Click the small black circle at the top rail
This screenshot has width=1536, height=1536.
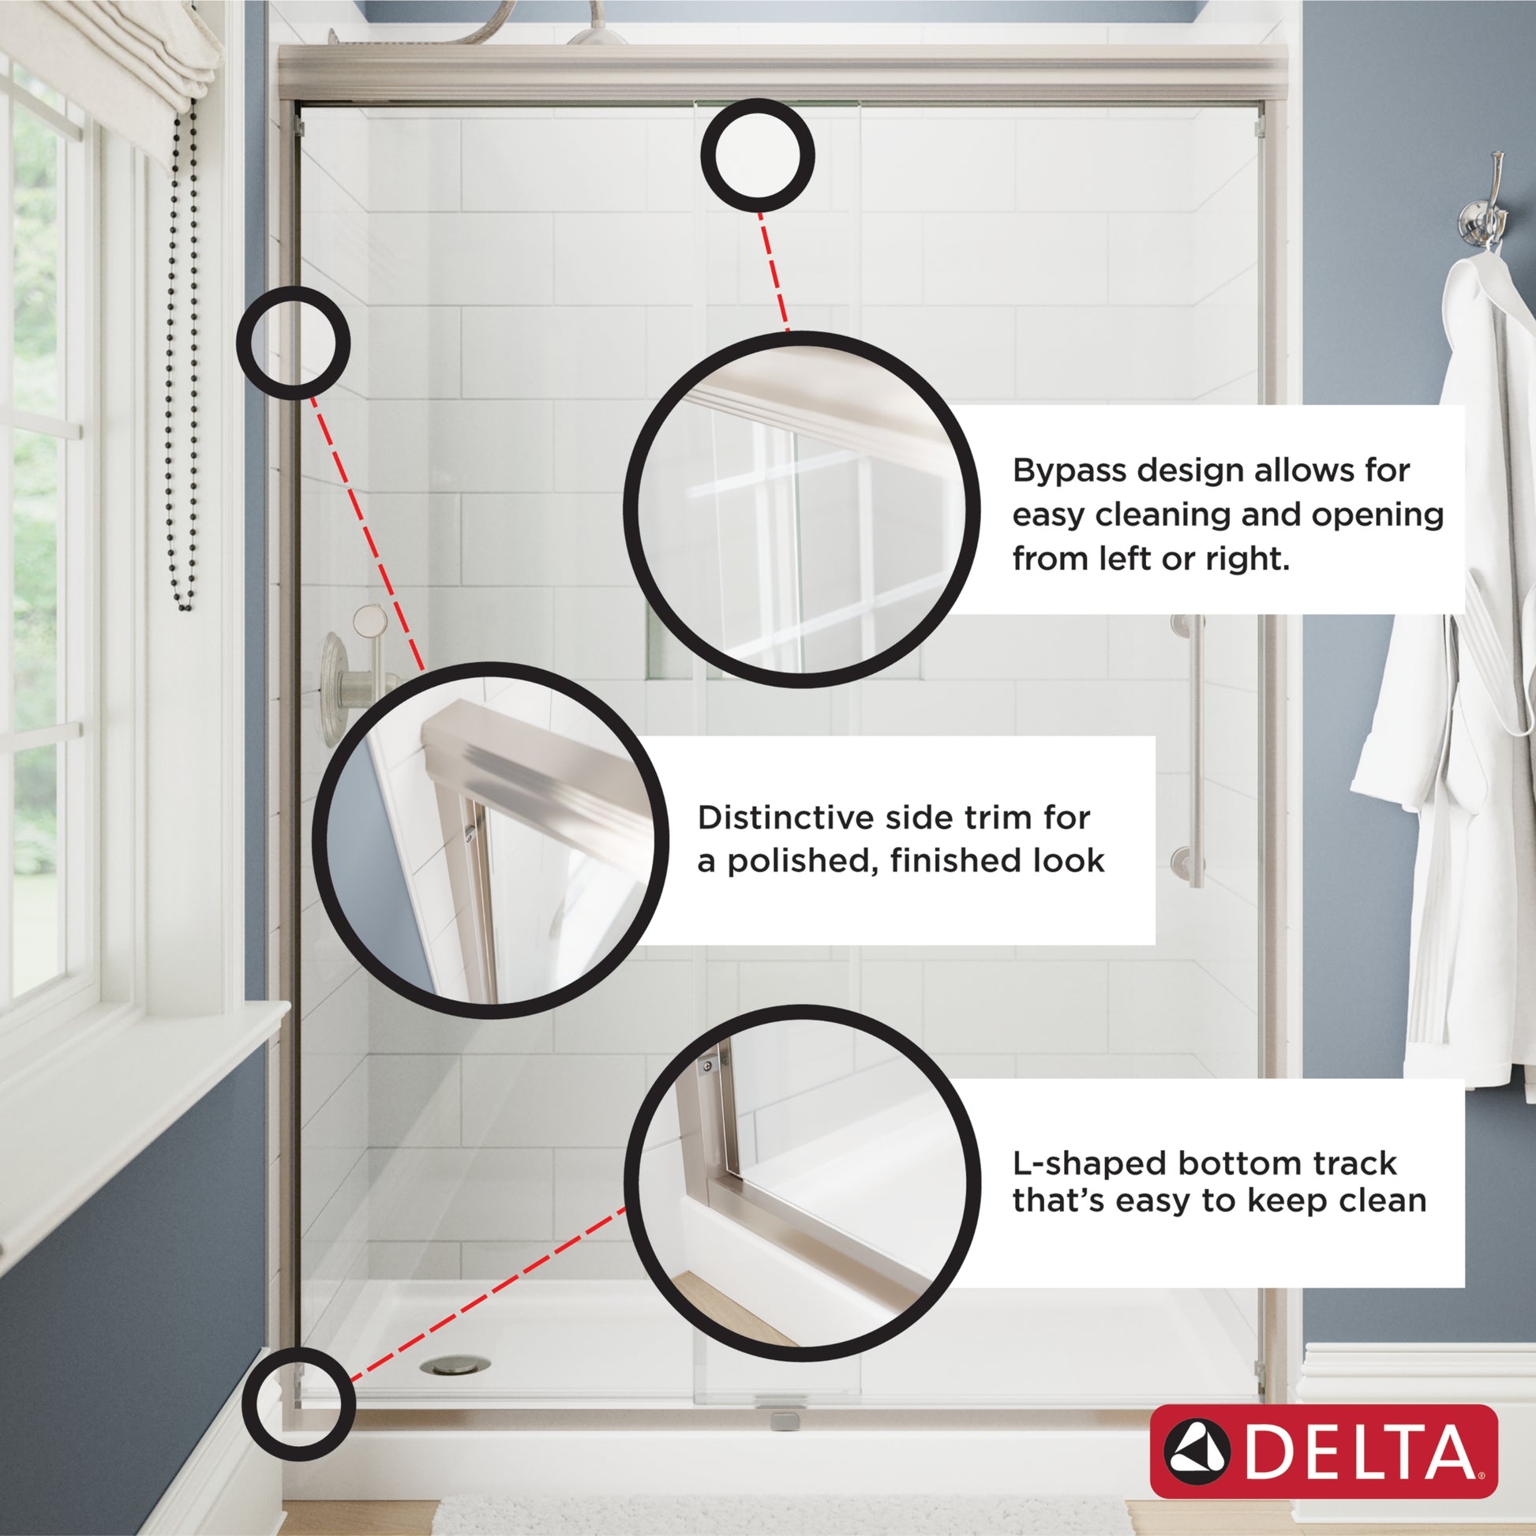[x=757, y=155]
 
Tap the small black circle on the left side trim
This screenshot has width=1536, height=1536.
[x=294, y=343]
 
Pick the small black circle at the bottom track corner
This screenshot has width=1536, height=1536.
[x=298, y=1403]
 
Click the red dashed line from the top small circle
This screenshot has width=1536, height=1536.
[x=774, y=271]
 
